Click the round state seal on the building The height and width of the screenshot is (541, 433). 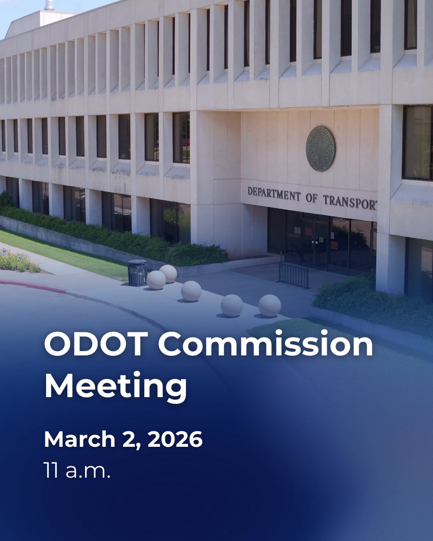(321, 149)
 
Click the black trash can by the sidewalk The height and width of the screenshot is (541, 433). (137, 272)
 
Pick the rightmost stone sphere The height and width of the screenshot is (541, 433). (270, 306)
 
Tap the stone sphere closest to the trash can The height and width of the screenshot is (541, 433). (156, 280)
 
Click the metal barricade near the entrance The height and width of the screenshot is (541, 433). (294, 275)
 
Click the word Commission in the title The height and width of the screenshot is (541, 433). (266, 346)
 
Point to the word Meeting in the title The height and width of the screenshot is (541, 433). (115, 386)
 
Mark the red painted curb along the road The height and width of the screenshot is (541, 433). (32, 286)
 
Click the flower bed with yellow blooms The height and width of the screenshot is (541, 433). (18, 261)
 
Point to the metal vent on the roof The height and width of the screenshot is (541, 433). (49, 5)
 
